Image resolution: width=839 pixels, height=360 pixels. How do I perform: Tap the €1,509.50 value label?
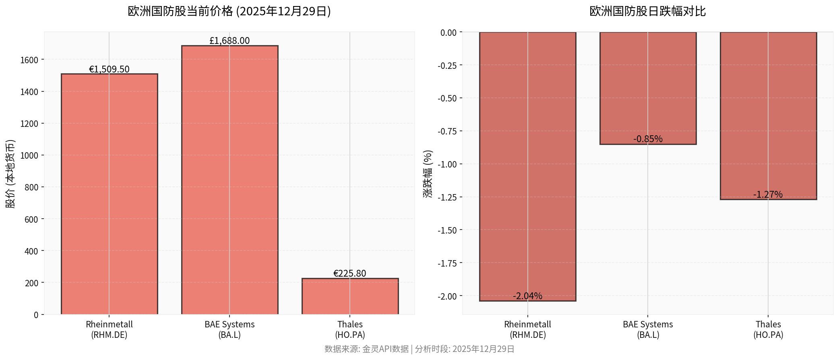click(x=109, y=69)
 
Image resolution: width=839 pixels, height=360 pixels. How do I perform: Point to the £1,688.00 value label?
click(x=229, y=41)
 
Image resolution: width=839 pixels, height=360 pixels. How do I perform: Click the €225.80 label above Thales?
click(x=350, y=273)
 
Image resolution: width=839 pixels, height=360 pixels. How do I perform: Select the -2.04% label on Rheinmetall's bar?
click(x=527, y=296)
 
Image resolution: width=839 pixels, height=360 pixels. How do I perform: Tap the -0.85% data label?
click(x=648, y=139)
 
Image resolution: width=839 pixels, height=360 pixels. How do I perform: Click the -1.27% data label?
click(x=768, y=194)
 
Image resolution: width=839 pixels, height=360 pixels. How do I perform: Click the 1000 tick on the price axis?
click(x=29, y=155)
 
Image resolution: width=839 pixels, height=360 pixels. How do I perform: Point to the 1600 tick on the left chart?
click(x=29, y=60)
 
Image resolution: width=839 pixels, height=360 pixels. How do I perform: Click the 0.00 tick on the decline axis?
click(x=448, y=33)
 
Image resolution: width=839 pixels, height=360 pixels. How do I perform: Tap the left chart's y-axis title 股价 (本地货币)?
click(x=10, y=174)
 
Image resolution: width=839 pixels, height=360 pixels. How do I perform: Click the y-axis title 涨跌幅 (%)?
click(x=428, y=174)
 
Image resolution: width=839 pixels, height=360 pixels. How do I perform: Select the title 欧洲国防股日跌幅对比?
click(x=647, y=11)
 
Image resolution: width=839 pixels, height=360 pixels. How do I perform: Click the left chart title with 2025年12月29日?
click(x=229, y=11)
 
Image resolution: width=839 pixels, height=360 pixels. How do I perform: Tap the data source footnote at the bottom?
click(x=419, y=349)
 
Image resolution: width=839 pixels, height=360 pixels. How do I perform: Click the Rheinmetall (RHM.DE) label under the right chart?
click(x=527, y=329)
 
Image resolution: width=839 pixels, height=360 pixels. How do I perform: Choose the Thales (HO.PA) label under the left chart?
click(x=350, y=329)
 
